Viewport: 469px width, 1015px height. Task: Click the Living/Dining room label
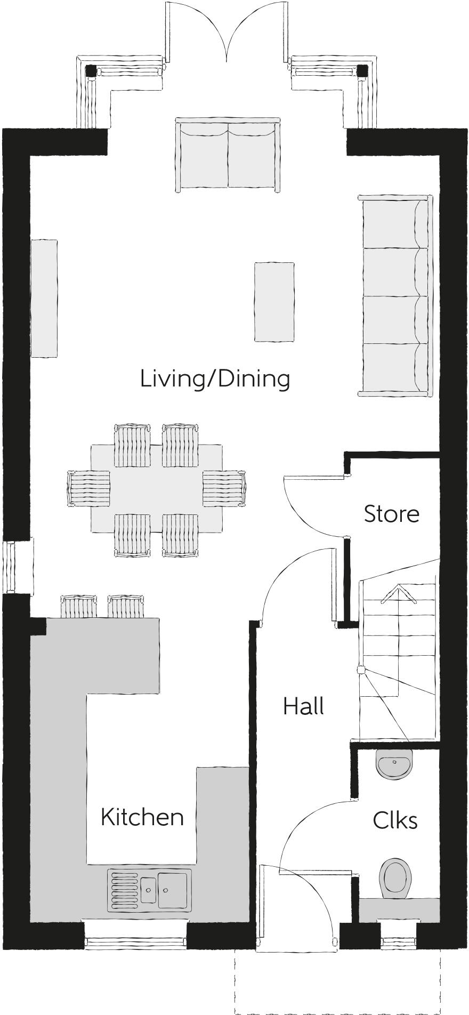point(215,378)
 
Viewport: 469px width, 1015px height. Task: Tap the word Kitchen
point(142,817)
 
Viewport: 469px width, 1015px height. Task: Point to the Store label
point(391,513)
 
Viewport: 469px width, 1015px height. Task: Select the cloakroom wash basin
point(394,764)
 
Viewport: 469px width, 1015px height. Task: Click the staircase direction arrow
point(398,593)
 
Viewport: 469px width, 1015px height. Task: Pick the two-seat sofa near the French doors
point(228,155)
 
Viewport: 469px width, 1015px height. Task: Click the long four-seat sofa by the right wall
point(395,295)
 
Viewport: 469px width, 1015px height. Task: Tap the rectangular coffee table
point(274,301)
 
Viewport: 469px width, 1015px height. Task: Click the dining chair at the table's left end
point(88,488)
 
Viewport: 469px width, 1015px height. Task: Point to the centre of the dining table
point(157,488)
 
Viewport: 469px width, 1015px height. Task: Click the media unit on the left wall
point(44,298)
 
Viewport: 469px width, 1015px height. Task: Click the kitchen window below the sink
point(135,943)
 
